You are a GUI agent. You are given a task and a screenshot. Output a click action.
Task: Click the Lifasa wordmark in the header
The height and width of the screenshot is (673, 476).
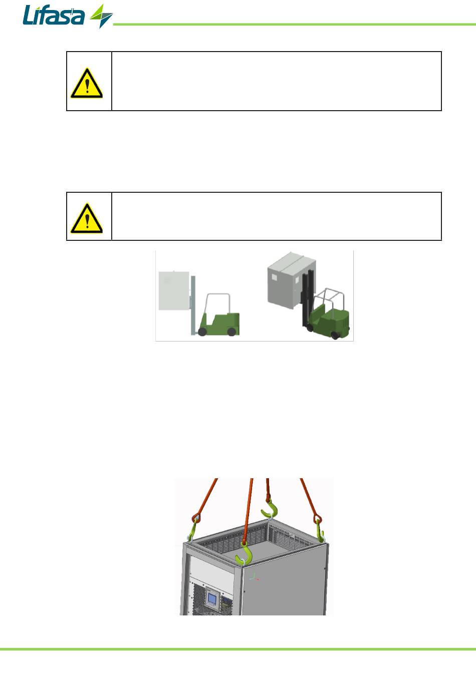click(x=54, y=15)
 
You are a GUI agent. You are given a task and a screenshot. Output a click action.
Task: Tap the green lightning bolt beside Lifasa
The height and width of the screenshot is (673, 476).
click(x=101, y=16)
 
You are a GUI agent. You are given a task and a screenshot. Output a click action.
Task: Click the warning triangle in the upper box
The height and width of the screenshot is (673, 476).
click(x=87, y=83)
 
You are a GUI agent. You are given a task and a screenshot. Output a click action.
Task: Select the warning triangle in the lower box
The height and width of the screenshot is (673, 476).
click(x=87, y=218)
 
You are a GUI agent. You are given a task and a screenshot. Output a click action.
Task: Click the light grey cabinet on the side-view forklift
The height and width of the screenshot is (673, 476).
click(x=174, y=290)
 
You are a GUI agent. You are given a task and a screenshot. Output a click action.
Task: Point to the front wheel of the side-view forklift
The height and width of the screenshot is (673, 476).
click(x=202, y=331)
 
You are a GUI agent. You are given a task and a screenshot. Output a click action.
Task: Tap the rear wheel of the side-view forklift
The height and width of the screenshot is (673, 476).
click(x=231, y=331)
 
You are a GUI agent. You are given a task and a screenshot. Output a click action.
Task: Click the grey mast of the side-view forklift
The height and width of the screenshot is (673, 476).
click(x=193, y=305)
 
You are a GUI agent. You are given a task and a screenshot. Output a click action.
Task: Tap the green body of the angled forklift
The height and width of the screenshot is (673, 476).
click(x=329, y=320)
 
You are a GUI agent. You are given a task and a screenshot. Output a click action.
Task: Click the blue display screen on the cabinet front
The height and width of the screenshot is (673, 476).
click(x=212, y=600)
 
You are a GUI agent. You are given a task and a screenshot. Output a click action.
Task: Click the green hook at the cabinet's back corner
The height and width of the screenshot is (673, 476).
click(x=270, y=509)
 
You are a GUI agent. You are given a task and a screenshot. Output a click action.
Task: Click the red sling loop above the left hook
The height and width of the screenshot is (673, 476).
click(x=196, y=518)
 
